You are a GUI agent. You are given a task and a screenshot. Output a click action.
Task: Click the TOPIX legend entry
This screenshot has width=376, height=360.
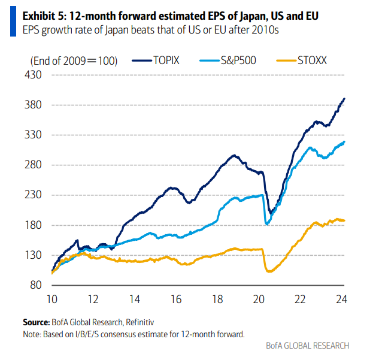coord(156,60)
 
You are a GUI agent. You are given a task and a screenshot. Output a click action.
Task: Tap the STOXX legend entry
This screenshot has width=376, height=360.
coord(302,60)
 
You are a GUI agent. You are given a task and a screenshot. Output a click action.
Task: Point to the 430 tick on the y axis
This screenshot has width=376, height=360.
coord(33,75)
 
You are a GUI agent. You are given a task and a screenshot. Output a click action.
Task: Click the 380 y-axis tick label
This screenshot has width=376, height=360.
coord(33,105)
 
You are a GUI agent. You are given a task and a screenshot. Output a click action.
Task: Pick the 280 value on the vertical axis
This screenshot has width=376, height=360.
coord(33,165)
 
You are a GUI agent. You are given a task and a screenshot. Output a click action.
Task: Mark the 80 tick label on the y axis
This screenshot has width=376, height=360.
coord(36,285)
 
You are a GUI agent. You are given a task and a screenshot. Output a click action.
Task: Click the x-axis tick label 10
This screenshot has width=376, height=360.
coord(52,300)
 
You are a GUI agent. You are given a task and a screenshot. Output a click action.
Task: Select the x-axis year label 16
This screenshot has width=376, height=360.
coord(176,300)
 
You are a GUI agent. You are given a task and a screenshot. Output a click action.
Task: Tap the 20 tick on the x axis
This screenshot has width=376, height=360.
coord(259,300)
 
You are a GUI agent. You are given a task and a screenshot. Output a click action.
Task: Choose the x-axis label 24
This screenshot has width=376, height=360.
coord(341,300)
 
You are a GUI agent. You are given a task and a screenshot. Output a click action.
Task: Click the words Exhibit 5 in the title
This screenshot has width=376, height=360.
coord(44,16)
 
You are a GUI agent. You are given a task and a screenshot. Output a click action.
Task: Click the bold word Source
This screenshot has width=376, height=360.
coord(36,322)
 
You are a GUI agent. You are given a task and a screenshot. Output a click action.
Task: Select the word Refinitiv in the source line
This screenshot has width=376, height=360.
coord(140,322)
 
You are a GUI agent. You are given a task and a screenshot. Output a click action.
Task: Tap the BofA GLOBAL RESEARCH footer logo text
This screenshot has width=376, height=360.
coord(308,346)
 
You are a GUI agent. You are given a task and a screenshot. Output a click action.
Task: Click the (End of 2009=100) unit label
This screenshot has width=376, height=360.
coord(74,61)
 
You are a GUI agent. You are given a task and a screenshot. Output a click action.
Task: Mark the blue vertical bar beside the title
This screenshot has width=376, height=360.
coord(13,21)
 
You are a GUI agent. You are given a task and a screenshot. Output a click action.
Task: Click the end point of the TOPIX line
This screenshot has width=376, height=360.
coord(344,99)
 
